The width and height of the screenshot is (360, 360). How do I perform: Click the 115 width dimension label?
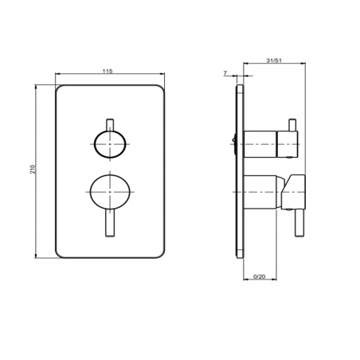pyautogui.click(x=108, y=71)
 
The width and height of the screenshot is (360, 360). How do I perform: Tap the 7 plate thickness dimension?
pyautogui.click(x=225, y=72)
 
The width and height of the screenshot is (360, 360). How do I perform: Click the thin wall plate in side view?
pyautogui.click(x=240, y=171)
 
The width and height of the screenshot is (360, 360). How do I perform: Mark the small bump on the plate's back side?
pyautogui.click(x=233, y=144)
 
